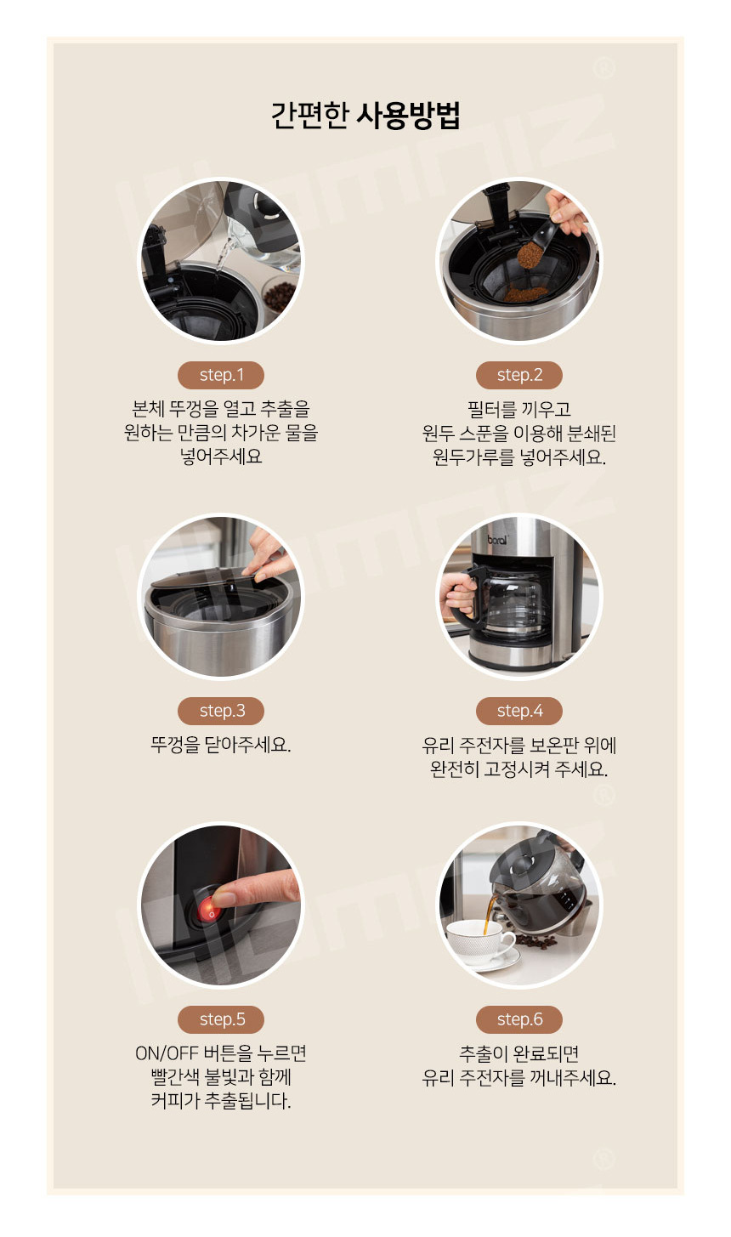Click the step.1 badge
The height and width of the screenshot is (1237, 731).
point(221,375)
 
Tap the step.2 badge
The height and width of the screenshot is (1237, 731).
point(519,375)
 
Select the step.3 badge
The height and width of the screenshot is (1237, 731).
point(221,711)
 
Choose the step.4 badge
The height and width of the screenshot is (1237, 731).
point(519,711)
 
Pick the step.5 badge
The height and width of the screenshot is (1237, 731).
point(221,1019)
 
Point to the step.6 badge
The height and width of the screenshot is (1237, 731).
point(519,1019)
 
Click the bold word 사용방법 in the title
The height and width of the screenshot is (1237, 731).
point(408,116)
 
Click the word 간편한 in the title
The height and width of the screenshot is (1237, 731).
point(309,116)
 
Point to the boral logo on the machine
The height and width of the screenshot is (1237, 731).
point(497,540)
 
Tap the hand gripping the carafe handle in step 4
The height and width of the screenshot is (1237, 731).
point(457,593)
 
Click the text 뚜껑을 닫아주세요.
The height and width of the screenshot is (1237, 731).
point(221,745)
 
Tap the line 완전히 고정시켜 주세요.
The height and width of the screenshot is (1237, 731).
point(519,769)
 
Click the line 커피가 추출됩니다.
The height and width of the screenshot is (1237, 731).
point(221,1101)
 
